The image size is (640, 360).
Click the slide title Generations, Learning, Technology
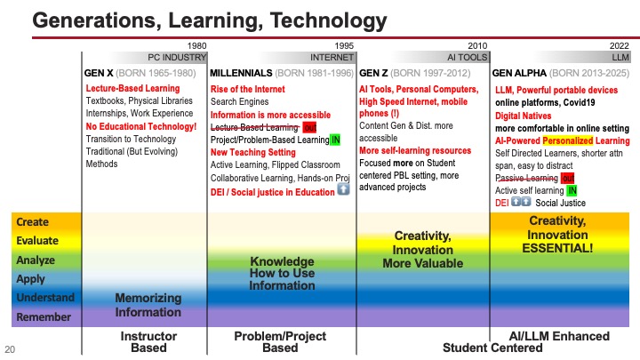[193, 20]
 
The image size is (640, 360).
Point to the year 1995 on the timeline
[340, 45]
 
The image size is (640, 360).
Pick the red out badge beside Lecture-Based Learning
[309, 127]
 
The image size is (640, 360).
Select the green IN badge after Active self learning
[572, 189]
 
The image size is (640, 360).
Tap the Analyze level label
[36, 260]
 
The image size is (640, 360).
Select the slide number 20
[11, 348]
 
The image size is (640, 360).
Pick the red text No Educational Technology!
[140, 125]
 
